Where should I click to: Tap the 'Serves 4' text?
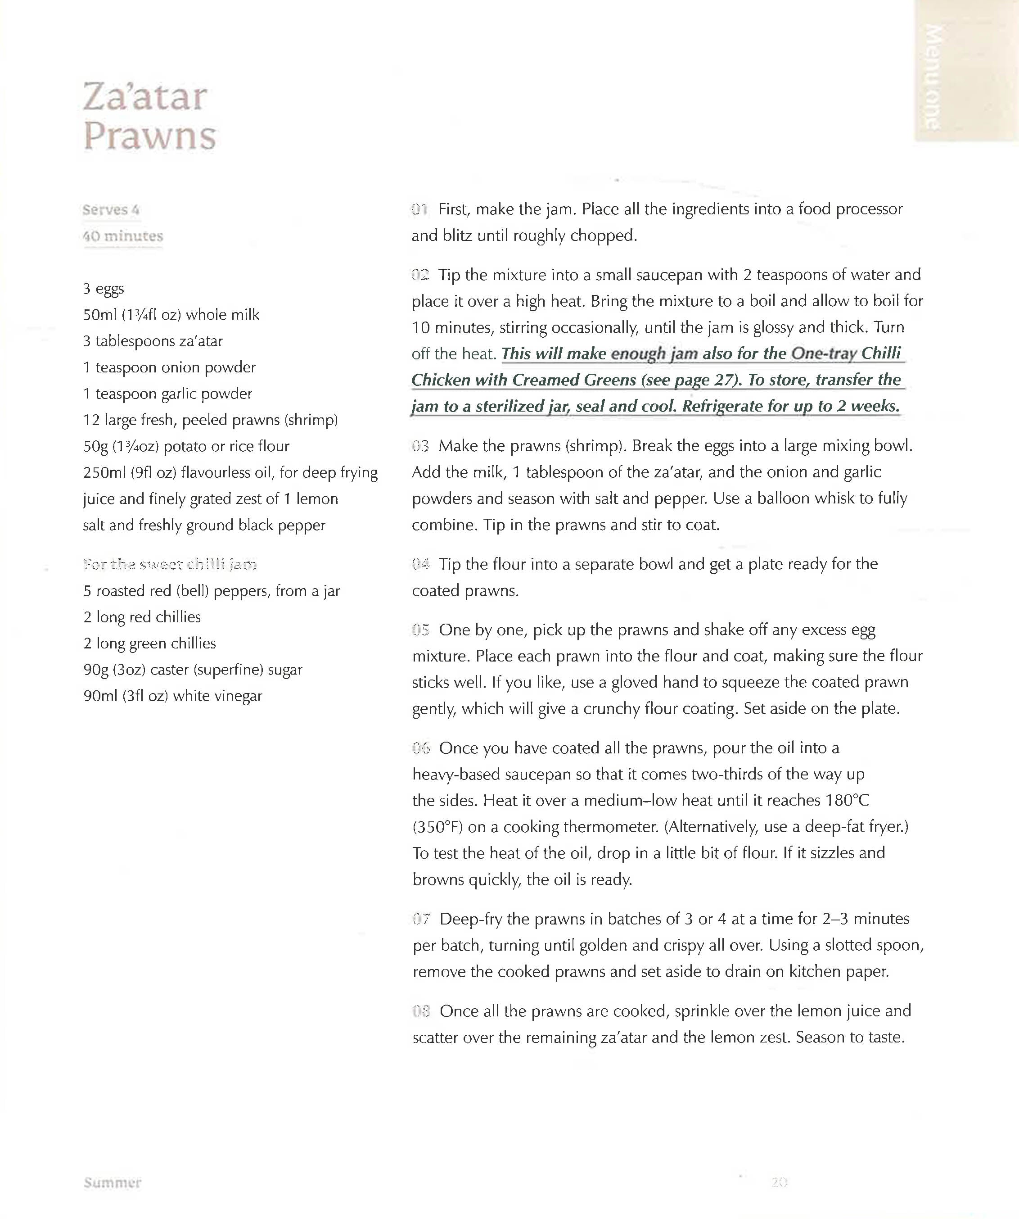click(x=111, y=209)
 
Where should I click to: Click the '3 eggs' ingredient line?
click(x=103, y=289)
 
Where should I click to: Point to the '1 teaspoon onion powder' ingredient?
click(x=169, y=367)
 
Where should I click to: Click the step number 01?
click(x=419, y=209)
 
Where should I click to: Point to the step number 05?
click(x=420, y=630)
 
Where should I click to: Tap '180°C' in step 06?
click(x=844, y=801)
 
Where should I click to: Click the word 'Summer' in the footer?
click(x=112, y=1183)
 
